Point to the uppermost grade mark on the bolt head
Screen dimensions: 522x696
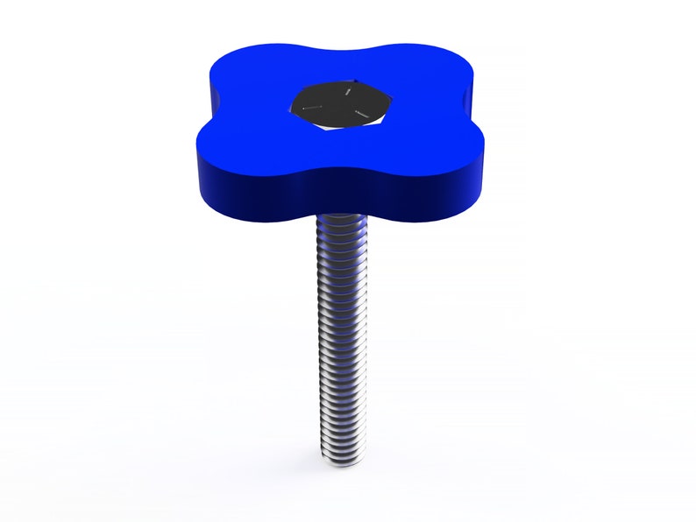(x=348, y=88)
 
